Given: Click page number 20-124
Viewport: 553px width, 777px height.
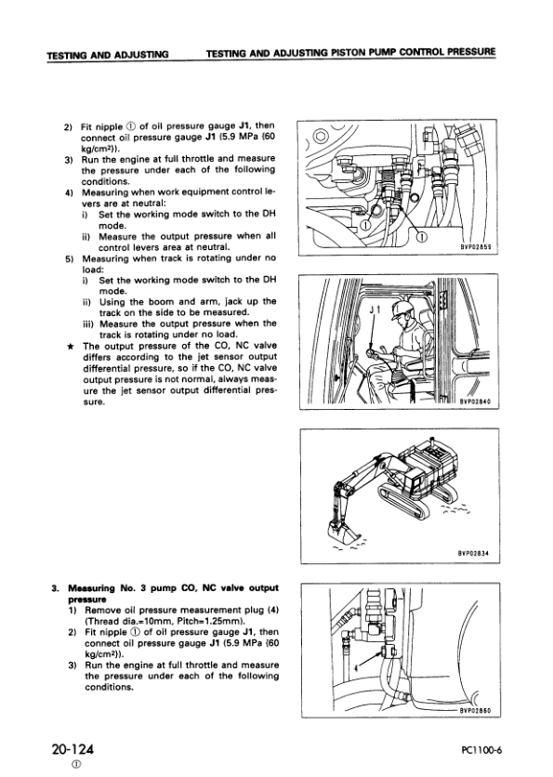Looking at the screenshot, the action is (72, 748).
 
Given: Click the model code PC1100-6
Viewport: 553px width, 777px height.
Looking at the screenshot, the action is (481, 750).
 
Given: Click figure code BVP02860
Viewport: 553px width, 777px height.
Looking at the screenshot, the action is (475, 710).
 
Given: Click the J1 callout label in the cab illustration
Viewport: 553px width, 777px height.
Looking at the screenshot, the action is (375, 310).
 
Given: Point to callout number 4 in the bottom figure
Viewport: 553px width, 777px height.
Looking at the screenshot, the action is (356, 667).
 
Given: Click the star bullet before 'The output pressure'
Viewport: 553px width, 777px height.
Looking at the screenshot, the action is (70, 347).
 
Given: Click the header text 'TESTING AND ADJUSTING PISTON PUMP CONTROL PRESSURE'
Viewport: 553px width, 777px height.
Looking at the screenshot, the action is (350, 51).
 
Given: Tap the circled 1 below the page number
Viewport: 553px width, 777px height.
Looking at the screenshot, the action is (76, 765).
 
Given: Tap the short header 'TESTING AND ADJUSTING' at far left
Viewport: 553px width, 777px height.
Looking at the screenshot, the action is (108, 54).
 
